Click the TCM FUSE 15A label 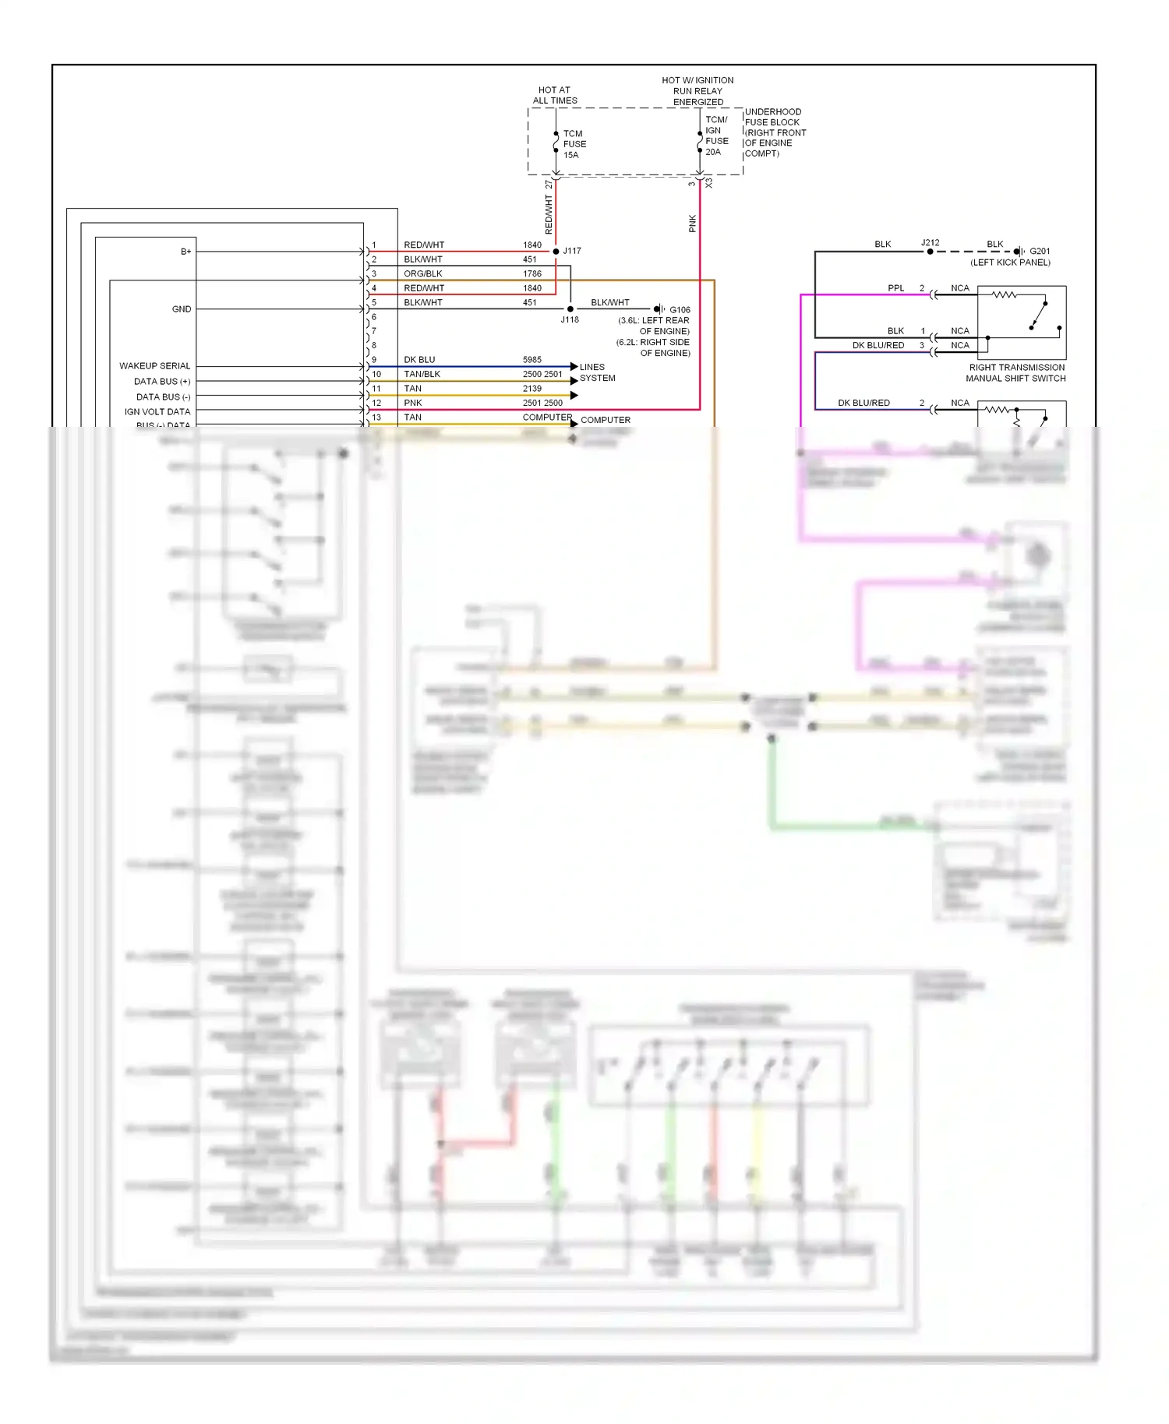[574, 144]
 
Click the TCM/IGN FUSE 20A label [717, 136]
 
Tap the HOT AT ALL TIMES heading [555, 95]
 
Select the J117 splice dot [556, 251]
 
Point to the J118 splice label [570, 320]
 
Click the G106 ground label [680, 309]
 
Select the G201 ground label [1040, 251]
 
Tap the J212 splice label [931, 242]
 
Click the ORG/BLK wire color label [423, 273]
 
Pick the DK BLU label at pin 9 [419, 360]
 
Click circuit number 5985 [532, 360]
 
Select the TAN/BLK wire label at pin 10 [422, 374]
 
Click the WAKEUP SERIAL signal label [154, 366]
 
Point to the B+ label [185, 251]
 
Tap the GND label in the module [182, 309]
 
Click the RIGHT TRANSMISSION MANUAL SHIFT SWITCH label [1016, 373]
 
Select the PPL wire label [896, 288]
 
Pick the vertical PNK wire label [692, 224]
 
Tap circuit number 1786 [532, 273]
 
